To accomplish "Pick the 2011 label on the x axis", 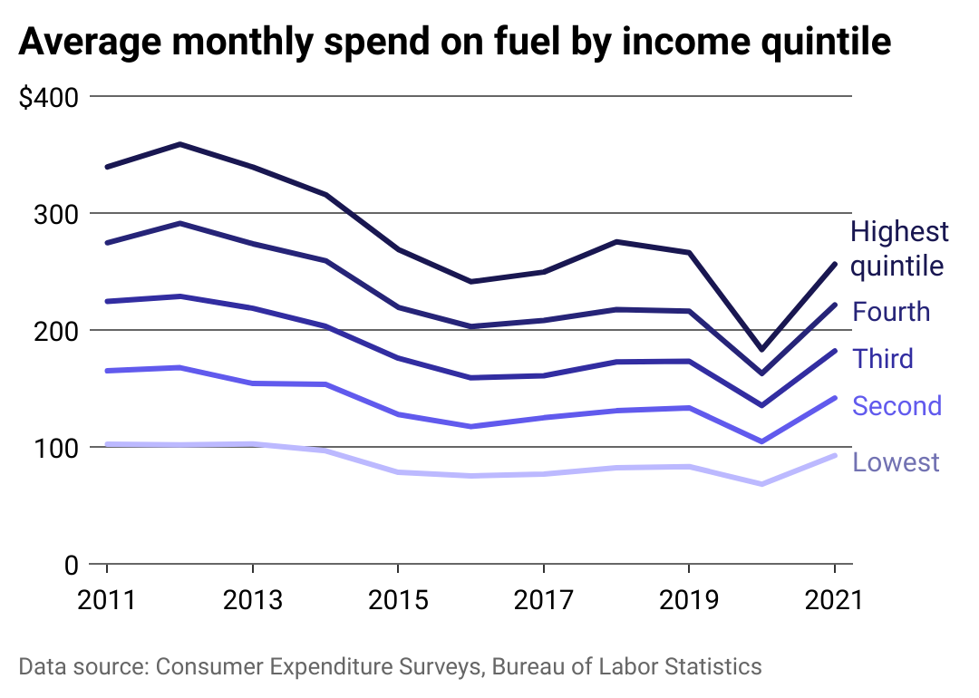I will pos(107,600).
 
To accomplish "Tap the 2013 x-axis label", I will pos(252,600).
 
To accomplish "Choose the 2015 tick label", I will pos(397,600).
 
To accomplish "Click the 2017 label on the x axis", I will pos(542,600).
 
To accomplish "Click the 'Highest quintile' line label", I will pos(898,248).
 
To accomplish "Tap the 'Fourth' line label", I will pos(891,312).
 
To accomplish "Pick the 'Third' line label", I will pos(882,359).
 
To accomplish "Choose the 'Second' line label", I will pos(897,406).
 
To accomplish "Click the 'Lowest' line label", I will pos(896,462).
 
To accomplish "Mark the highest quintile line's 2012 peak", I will pos(179,144).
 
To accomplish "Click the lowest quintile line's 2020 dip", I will pos(761,484).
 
